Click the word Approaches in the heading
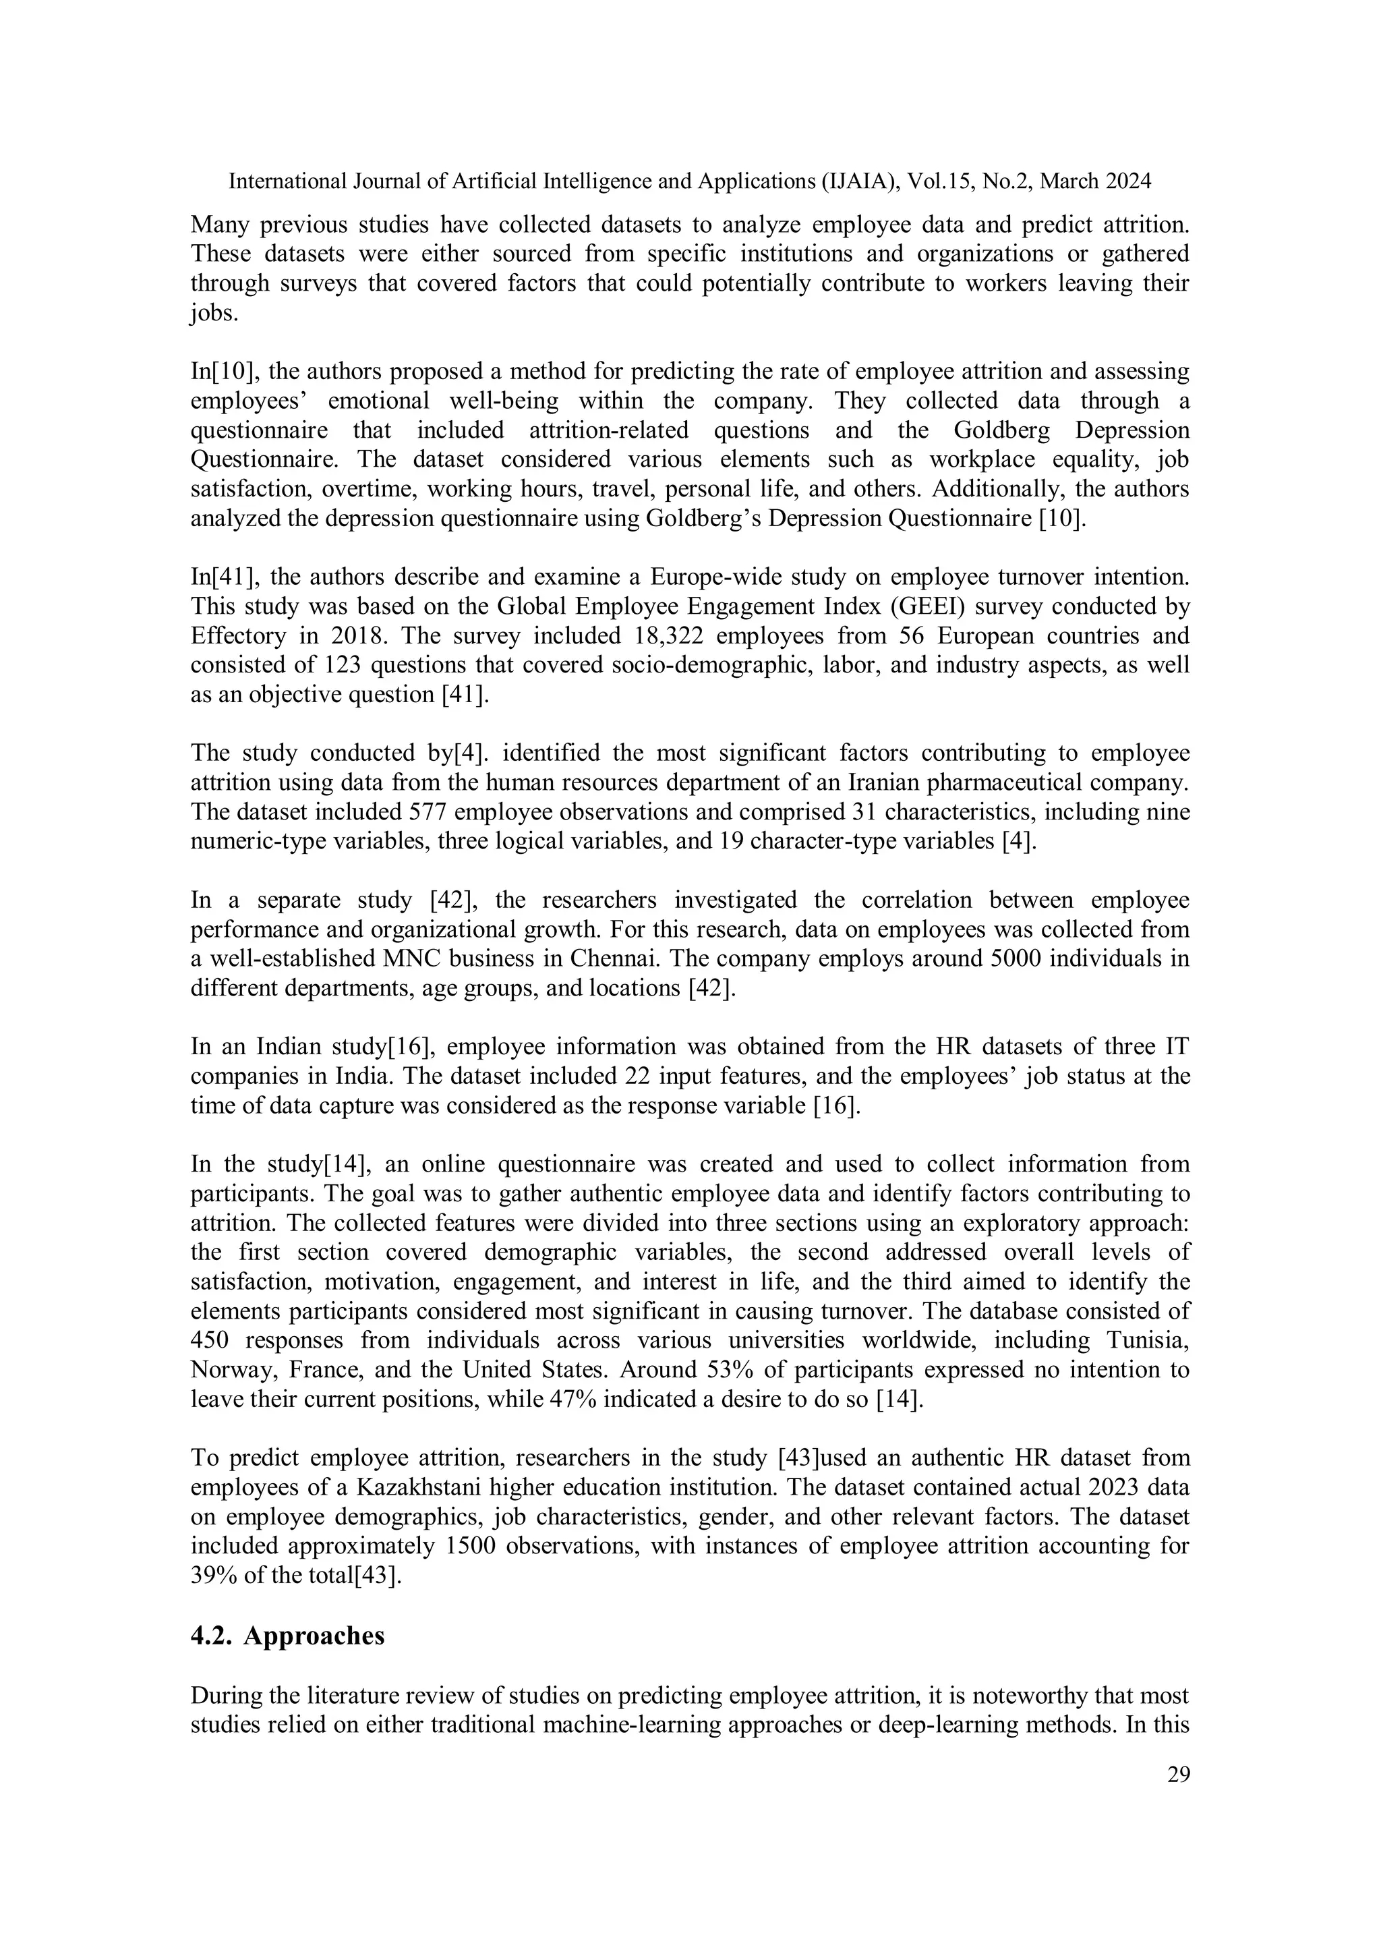[314, 1636]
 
